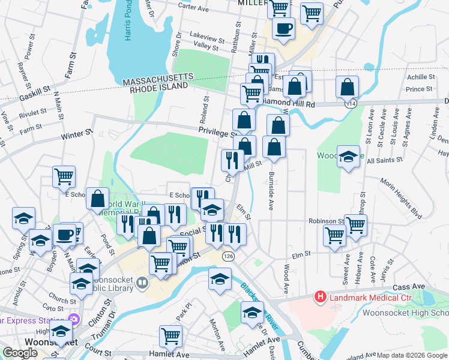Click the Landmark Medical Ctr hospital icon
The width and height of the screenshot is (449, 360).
coord(321,297)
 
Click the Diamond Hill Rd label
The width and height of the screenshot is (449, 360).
coord(288,104)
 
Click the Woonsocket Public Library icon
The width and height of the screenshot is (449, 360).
coord(142,282)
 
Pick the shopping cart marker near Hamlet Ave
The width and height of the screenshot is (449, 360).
coord(171,336)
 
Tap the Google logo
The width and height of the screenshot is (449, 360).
coord(20,353)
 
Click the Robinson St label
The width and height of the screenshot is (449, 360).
coord(326,221)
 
